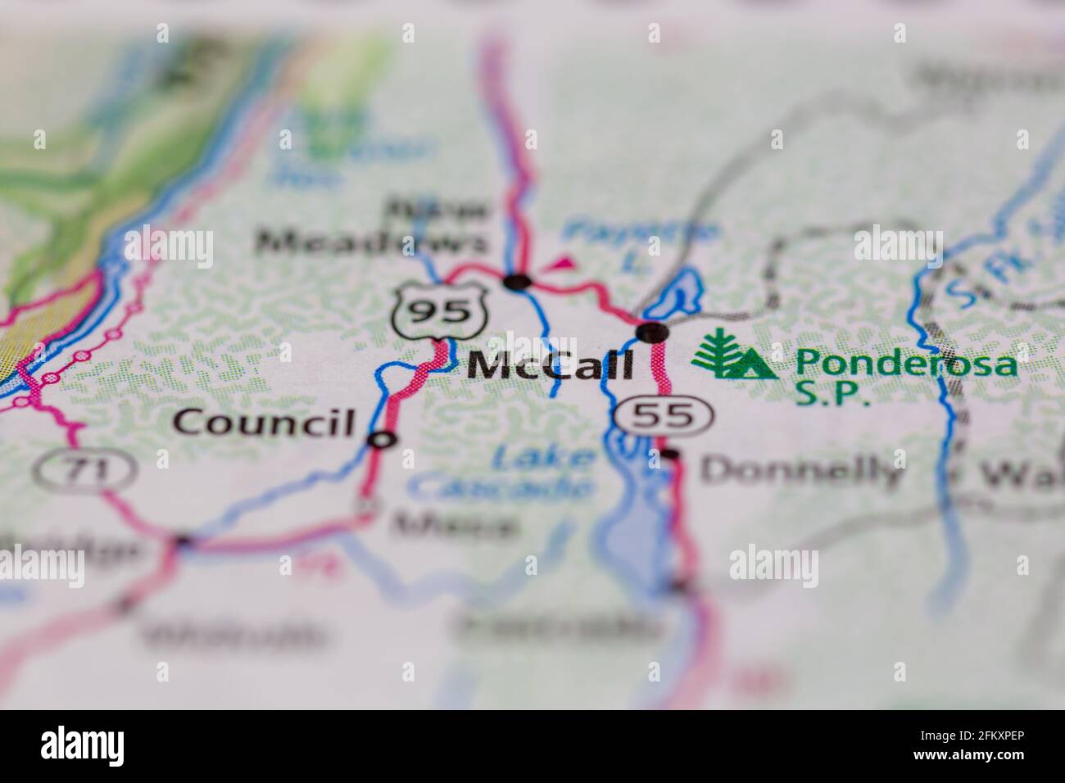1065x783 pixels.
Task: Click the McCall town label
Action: [x=550, y=365]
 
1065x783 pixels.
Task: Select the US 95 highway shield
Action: [x=431, y=310]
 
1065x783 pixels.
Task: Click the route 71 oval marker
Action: [x=84, y=469]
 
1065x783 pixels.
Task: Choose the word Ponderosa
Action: [x=907, y=361]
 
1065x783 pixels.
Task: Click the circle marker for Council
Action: [x=381, y=440]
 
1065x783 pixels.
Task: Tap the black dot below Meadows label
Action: [x=517, y=283]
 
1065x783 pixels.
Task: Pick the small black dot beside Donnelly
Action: [x=671, y=455]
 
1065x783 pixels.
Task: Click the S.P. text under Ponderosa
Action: [x=832, y=394]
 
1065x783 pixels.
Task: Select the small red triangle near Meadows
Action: [x=562, y=264]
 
